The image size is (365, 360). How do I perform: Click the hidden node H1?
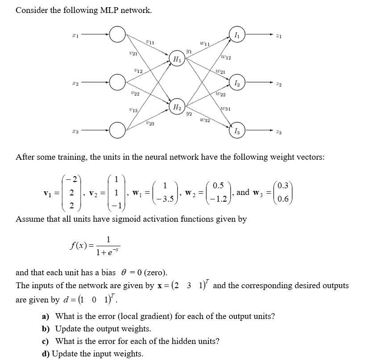[177, 58]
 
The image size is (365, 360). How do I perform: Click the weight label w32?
[205, 120]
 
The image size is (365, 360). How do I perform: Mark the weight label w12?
[226, 57]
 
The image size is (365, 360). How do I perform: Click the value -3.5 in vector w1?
[166, 199]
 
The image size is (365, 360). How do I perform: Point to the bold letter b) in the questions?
[46, 329]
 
